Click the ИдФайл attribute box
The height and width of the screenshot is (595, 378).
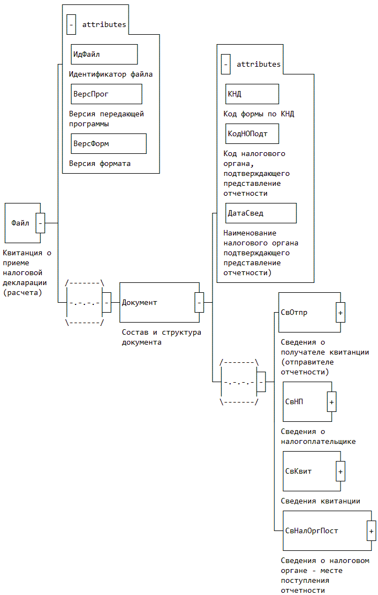104,55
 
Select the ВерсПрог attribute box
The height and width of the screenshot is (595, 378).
106,94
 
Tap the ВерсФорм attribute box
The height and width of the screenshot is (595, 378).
108,144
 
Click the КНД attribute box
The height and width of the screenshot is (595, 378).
252,94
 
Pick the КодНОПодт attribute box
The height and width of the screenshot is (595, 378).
252,134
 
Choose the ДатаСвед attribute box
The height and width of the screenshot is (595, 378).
260,213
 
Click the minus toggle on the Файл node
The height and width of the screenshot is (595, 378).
40,223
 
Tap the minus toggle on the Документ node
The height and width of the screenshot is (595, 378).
199,302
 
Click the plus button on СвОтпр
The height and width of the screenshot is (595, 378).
340,313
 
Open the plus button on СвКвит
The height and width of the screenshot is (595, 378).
340,471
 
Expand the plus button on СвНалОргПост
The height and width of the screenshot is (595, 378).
371,531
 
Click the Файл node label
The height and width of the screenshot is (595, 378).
20,223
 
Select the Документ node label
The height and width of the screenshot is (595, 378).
140,302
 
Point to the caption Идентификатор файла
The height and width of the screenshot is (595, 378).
111,74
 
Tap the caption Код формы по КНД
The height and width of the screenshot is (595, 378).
259,114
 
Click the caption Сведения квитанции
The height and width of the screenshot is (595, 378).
321,501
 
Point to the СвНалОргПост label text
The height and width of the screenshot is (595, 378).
312,531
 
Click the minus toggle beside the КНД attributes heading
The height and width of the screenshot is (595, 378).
226,65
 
